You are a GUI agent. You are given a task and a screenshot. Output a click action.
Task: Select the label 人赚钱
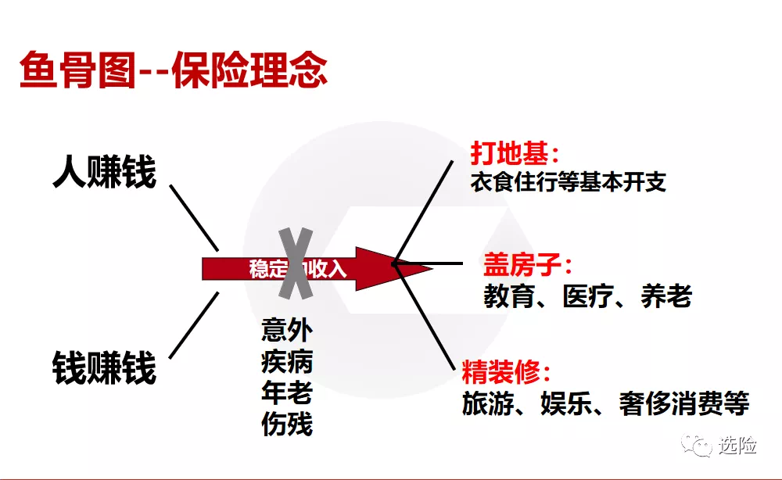[x=104, y=172]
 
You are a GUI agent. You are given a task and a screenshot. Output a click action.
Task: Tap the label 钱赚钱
[x=104, y=367]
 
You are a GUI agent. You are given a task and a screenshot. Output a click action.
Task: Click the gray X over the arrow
[x=296, y=263]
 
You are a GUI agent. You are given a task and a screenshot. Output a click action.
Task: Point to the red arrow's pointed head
[x=432, y=269]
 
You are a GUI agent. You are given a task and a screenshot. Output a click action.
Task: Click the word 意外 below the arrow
[x=287, y=329]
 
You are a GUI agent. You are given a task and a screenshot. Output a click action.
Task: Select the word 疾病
[x=287, y=361]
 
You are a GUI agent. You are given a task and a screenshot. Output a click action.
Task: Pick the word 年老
[x=287, y=392]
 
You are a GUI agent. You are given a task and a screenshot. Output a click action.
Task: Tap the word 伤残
[x=287, y=424]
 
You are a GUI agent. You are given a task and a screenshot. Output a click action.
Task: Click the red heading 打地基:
[x=515, y=153]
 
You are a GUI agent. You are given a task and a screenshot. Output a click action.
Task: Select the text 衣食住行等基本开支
[x=568, y=182]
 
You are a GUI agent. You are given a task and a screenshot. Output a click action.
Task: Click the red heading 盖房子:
[x=527, y=264]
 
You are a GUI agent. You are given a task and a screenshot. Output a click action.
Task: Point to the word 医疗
[x=588, y=296]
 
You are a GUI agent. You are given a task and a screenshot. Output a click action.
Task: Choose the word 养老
[x=666, y=296]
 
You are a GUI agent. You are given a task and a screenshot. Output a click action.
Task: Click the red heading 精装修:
[x=506, y=372]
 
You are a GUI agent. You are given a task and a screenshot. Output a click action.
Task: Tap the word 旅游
[x=488, y=403]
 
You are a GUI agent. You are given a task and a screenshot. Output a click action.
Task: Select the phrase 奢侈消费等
[x=684, y=403]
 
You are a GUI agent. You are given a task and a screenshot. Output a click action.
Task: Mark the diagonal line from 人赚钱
[x=194, y=218]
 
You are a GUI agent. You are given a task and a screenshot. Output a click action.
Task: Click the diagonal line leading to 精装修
[x=425, y=317]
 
